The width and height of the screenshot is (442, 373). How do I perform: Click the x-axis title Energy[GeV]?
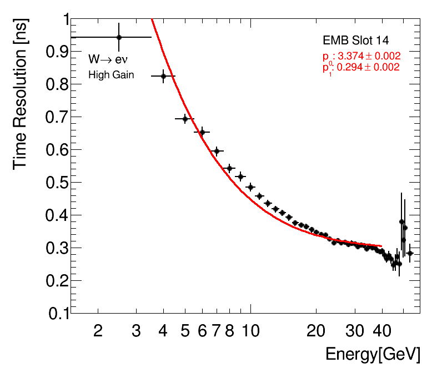373,354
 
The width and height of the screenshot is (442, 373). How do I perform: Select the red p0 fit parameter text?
361,56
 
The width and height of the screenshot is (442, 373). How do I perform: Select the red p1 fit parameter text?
361,67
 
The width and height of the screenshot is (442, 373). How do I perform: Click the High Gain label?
111,75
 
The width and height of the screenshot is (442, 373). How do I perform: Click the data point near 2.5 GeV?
119,37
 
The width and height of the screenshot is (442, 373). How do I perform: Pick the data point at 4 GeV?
163,76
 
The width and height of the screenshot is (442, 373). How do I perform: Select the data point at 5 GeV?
185,119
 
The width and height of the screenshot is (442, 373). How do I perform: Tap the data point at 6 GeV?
202,132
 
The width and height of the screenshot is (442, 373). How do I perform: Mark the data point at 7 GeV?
217,151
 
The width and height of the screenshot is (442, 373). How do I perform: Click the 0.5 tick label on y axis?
54,183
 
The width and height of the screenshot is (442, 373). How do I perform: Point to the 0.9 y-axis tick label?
54,52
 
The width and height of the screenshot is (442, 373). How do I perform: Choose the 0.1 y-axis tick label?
54,314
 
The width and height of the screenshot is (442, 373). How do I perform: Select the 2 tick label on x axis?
98,331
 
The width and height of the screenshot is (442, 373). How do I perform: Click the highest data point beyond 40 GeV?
401,221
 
